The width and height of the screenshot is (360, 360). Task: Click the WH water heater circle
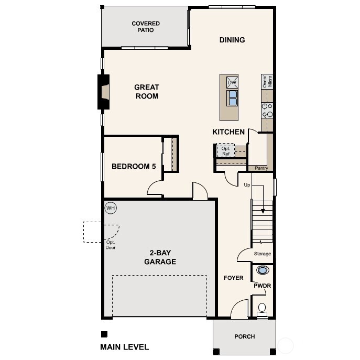pyautogui.click(x=111, y=208)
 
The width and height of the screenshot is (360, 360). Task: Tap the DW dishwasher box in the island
pyautogui.click(x=232, y=82)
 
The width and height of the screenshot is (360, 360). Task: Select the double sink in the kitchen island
pyautogui.click(x=232, y=97)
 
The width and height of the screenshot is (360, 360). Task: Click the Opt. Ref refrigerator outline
pyautogui.click(x=226, y=151)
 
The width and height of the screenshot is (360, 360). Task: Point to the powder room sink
pyautogui.click(x=262, y=270)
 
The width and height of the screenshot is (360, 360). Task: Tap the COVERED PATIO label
pyautogui.click(x=146, y=27)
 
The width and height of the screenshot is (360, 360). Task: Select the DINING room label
pyautogui.click(x=232, y=40)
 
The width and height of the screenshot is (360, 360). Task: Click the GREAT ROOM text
pyautogui.click(x=147, y=92)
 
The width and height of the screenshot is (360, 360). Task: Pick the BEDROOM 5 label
pyautogui.click(x=134, y=167)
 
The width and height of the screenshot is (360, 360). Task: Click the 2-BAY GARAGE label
pyautogui.click(x=160, y=257)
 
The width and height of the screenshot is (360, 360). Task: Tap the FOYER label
pyautogui.click(x=233, y=278)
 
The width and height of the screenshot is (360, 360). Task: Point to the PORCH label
pyautogui.click(x=244, y=336)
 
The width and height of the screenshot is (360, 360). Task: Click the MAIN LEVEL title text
pyautogui.click(x=124, y=347)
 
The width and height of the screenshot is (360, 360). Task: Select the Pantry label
pyautogui.click(x=261, y=168)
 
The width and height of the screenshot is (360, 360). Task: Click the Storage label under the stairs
pyautogui.click(x=263, y=254)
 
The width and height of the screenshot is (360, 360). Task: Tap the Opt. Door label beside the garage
pyautogui.click(x=111, y=245)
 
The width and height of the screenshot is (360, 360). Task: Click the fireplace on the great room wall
pyautogui.click(x=104, y=92)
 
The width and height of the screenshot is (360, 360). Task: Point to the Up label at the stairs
pyautogui.click(x=247, y=185)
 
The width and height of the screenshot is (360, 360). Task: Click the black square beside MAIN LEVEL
pyautogui.click(x=104, y=334)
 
